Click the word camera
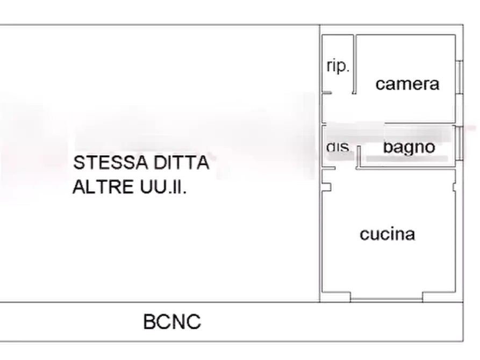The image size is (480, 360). pyautogui.click(x=407, y=84)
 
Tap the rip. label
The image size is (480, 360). pyautogui.click(x=337, y=67)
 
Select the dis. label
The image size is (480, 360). pyautogui.click(x=338, y=148)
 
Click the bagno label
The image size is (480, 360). pyautogui.click(x=409, y=147)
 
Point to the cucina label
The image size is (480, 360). pyautogui.click(x=387, y=234)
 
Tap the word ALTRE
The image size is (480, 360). pyautogui.click(x=103, y=186)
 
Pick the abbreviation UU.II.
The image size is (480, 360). pyautogui.click(x=164, y=186)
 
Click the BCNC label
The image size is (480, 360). pyautogui.click(x=172, y=322)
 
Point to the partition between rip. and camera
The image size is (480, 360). pyautogui.click(x=355, y=64)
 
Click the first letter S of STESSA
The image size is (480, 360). pyautogui.click(x=79, y=162)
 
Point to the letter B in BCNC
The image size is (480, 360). pyautogui.click(x=150, y=322)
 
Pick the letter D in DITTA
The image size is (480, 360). pyautogui.click(x=160, y=162)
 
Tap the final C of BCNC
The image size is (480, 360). pyautogui.click(x=195, y=322)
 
